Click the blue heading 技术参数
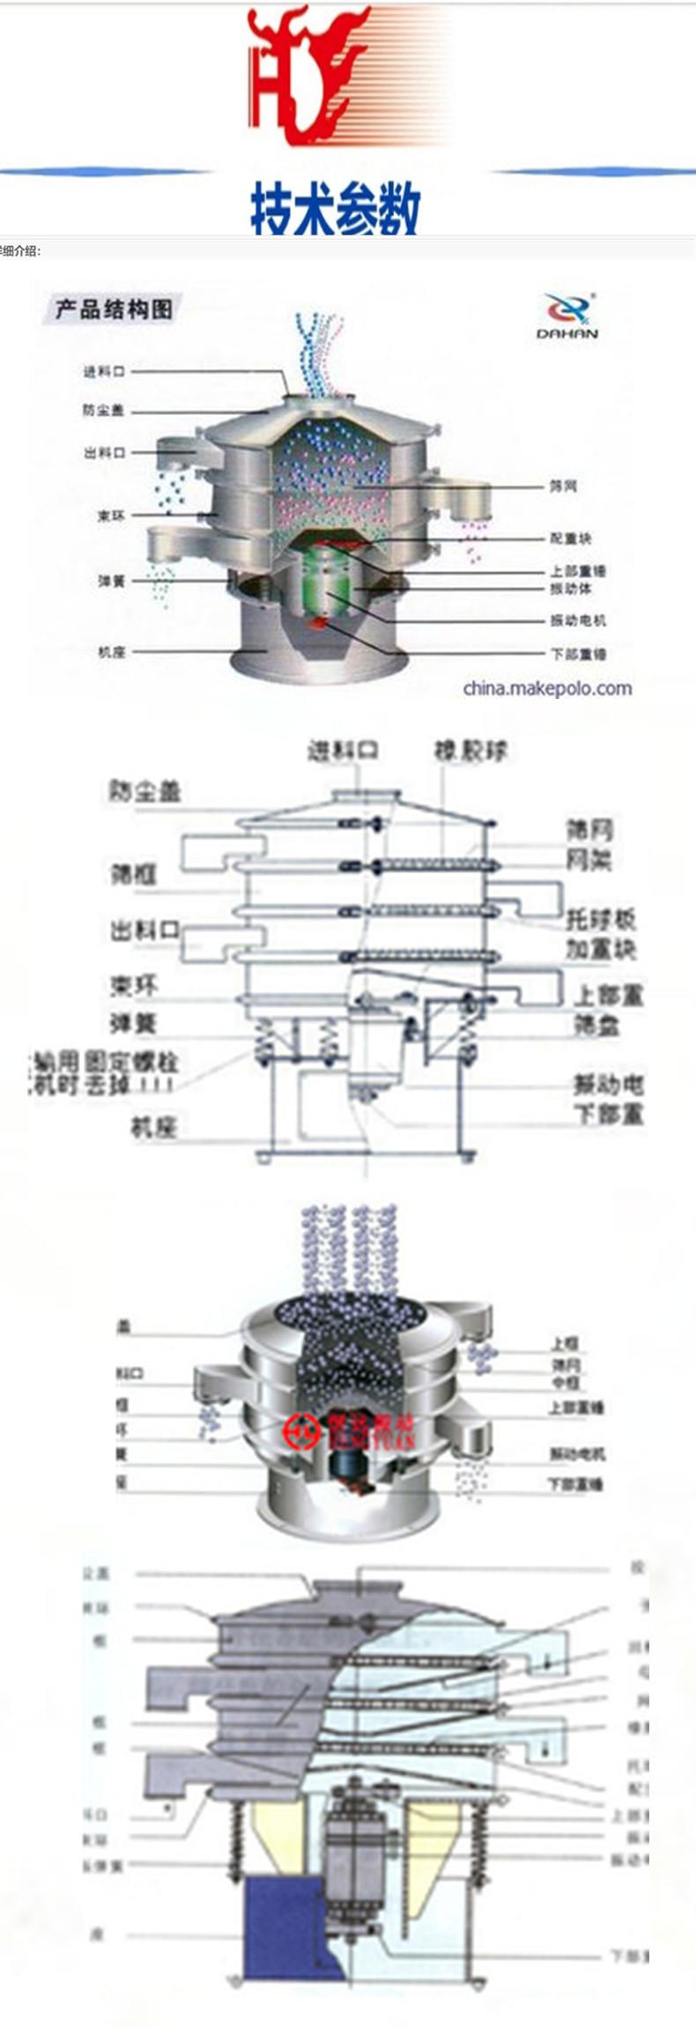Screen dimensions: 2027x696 click(x=335, y=208)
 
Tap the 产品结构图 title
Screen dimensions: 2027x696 click(x=114, y=309)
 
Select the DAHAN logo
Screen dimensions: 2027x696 click(x=567, y=316)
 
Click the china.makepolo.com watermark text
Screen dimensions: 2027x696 click(x=547, y=688)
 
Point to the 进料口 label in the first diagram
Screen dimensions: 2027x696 click(x=105, y=372)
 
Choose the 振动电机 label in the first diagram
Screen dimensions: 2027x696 click(x=578, y=620)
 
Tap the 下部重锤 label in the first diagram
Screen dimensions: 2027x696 click(x=578, y=654)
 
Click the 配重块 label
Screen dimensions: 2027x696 click(x=571, y=538)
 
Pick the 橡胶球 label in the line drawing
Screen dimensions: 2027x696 click(x=470, y=751)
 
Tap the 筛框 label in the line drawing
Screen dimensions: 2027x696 click(x=133, y=873)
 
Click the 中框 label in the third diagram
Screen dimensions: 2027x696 click(x=565, y=1383)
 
